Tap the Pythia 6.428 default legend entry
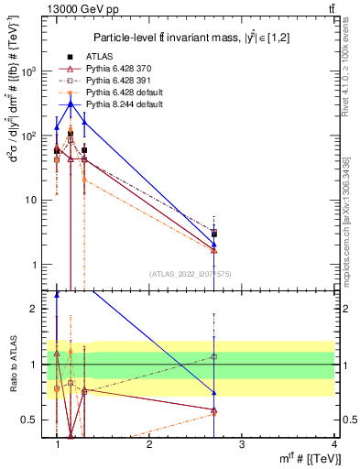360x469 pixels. click(119, 93)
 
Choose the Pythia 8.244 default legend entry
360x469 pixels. click(119, 104)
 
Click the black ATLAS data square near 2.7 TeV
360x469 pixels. click(214, 234)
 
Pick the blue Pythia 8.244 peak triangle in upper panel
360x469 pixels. click(71, 104)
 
